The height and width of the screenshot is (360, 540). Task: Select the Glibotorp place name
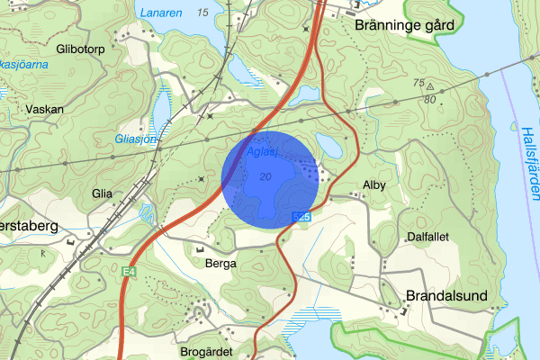tap(80, 49)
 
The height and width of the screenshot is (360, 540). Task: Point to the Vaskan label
tap(44, 108)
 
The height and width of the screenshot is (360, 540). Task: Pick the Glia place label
tap(102, 193)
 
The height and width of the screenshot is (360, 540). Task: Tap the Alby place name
tap(373, 185)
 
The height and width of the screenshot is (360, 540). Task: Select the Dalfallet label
tap(427, 236)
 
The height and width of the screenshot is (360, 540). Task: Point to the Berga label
tap(220, 264)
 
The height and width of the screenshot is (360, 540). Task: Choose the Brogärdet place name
tap(207, 352)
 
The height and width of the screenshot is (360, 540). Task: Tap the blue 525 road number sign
tap(301, 217)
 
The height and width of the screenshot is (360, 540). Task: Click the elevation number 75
tap(418, 83)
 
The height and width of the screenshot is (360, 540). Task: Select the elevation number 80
tap(432, 99)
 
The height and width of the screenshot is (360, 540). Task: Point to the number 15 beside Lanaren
tap(202, 12)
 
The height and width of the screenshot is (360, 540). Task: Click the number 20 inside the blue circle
tap(264, 176)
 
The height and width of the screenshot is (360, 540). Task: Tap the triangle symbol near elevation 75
tap(430, 87)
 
